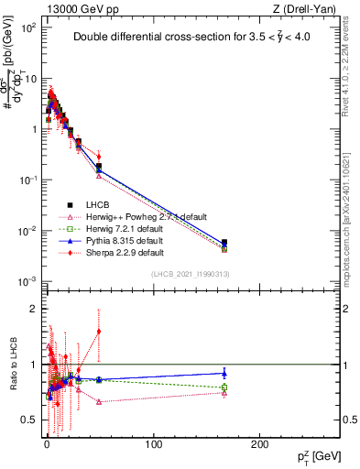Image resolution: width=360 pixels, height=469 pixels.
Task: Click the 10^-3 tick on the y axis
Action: pos(27,280)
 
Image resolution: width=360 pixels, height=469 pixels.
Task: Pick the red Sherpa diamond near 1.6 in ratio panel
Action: pos(99,332)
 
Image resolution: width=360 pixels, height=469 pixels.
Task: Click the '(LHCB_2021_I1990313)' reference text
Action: pos(189,274)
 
